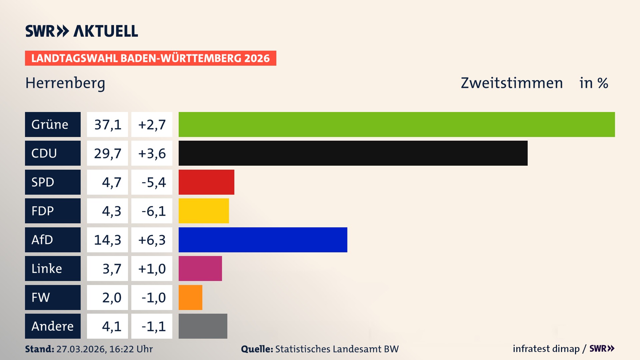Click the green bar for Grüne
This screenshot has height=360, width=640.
tap(397, 124)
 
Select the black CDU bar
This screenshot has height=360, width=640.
tap(353, 153)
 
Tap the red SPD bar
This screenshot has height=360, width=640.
tap(206, 182)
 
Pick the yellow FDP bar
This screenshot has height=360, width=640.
tap(204, 211)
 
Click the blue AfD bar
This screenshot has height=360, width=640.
tap(263, 240)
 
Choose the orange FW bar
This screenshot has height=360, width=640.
tap(190, 297)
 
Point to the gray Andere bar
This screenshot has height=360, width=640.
tap(203, 326)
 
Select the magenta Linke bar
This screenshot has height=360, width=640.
tap(200, 268)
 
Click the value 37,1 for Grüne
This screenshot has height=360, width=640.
tap(107, 125)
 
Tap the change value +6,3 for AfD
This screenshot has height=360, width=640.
tap(152, 240)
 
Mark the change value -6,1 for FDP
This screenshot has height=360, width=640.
tap(153, 211)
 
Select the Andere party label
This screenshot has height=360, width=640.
tap(53, 326)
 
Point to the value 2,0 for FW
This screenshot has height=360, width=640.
tap(111, 297)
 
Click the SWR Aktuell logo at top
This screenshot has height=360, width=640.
tap(82, 31)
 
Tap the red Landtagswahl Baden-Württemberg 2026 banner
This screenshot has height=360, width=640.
tap(150, 58)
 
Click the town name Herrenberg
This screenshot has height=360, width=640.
tap(65, 83)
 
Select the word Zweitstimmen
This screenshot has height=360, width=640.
tap(512, 83)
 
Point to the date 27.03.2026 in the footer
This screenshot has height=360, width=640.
tap(81, 349)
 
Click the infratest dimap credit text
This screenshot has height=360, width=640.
tap(546, 349)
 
